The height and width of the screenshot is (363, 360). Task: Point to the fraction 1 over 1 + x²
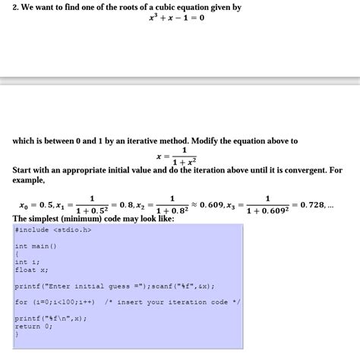[x=185, y=156]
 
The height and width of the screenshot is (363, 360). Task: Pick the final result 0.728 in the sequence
[x=313, y=205]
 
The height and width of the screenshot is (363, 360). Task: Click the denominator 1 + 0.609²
[x=267, y=211]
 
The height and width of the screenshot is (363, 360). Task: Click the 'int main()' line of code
[x=36, y=246]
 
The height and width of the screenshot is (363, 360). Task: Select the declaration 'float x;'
[x=32, y=270]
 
